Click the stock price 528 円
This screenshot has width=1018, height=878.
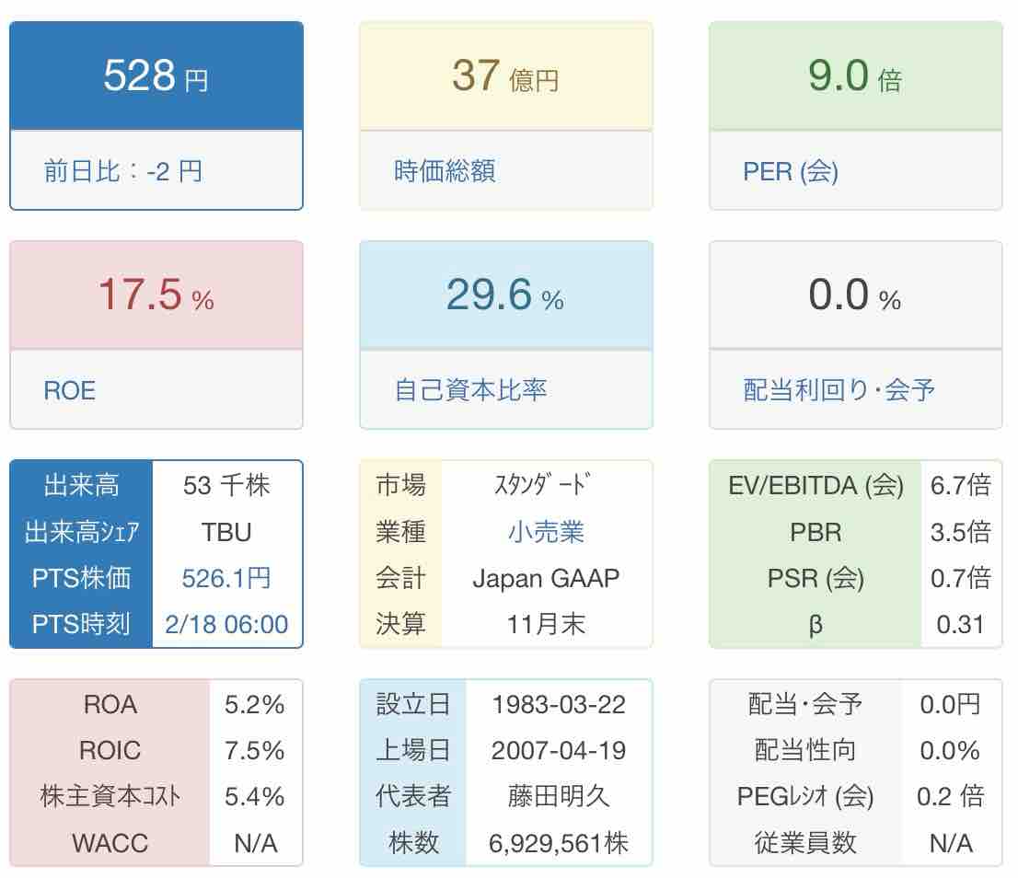point(156,75)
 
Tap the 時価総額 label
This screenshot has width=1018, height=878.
point(445,171)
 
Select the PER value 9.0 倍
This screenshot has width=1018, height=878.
point(853,75)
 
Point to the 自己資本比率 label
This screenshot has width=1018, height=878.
point(470,390)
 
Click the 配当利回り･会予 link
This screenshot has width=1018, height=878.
point(839,390)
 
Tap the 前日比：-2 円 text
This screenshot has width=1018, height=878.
point(122,171)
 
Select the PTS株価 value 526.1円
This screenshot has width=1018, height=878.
point(226,578)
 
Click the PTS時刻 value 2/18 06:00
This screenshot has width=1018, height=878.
point(226,625)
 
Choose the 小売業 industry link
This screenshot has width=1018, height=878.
point(546,532)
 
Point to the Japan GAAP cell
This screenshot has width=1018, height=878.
point(546,578)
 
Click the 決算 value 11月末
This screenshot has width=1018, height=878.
point(546,625)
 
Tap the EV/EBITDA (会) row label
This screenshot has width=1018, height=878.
point(816,485)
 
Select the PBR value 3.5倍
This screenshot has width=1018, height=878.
point(960,532)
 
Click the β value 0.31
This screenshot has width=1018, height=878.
point(960,625)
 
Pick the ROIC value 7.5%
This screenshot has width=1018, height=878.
point(255,751)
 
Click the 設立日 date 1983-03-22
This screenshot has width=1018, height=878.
point(559,705)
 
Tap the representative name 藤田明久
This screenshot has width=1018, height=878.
point(559,797)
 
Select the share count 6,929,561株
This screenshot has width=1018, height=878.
point(559,843)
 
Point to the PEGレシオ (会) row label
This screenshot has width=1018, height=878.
point(805,797)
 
